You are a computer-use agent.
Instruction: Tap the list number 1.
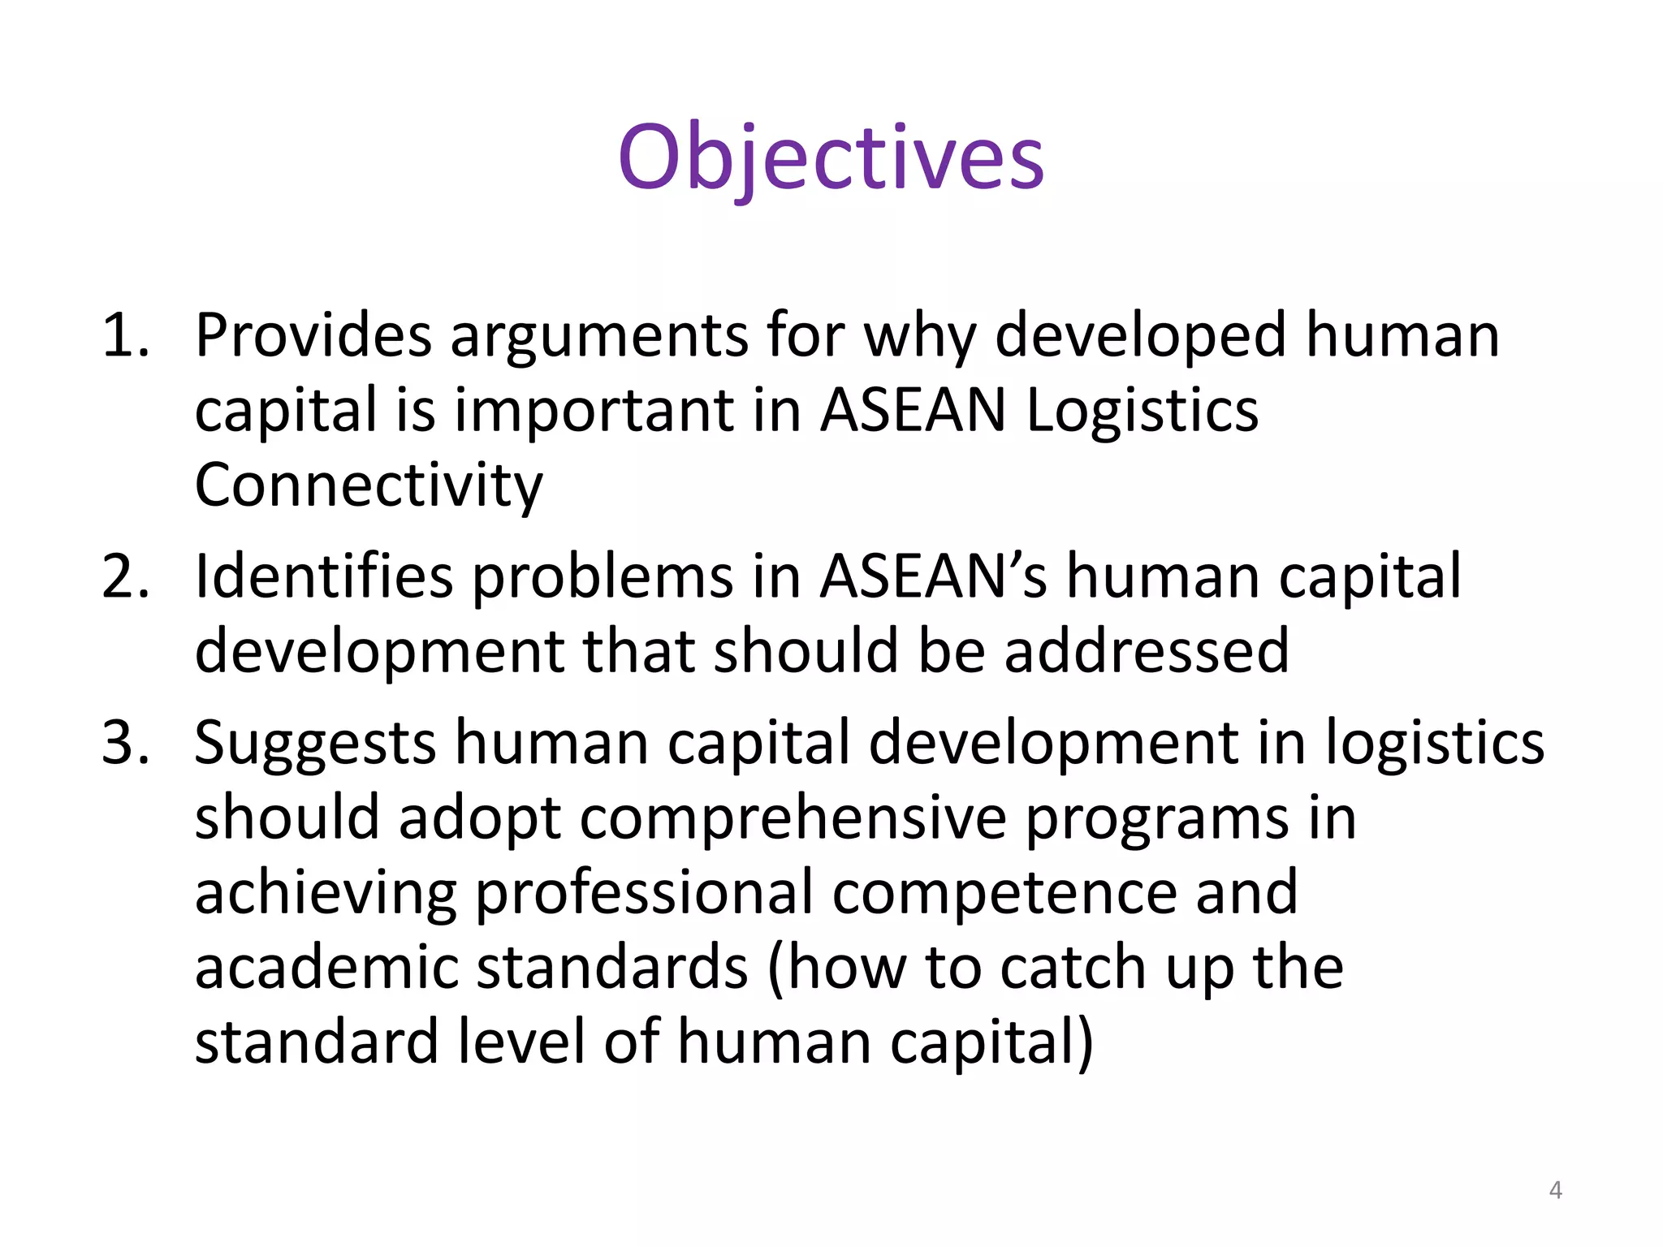tap(125, 335)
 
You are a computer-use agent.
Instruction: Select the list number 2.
tap(125, 576)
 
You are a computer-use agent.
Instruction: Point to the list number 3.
tap(125, 742)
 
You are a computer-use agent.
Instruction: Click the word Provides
tap(313, 335)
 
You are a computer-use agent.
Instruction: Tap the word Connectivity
tap(369, 485)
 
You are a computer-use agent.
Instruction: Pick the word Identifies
tap(323, 576)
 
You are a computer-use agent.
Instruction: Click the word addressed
tap(1146, 651)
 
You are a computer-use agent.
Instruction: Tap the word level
tap(520, 1042)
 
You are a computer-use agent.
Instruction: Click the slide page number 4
tap(1555, 1190)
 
